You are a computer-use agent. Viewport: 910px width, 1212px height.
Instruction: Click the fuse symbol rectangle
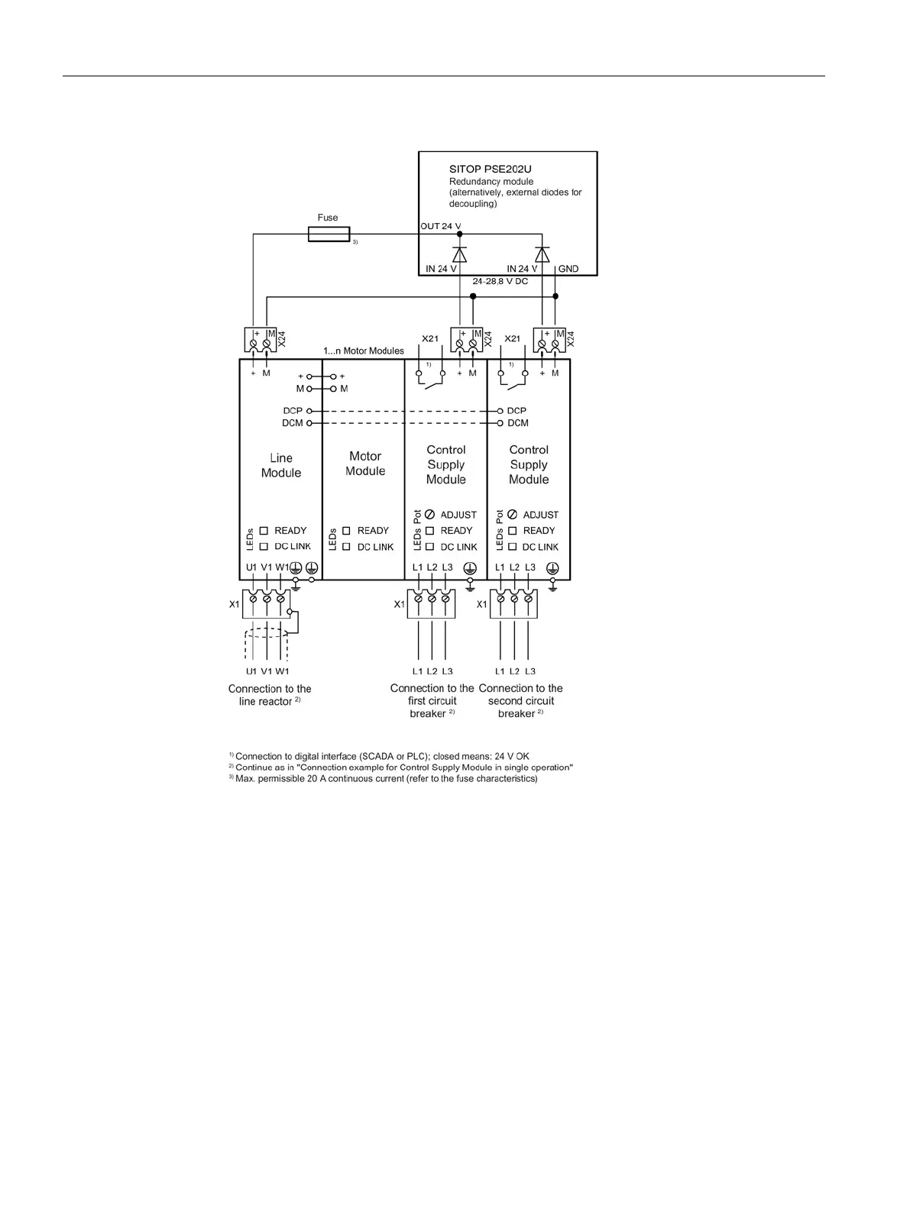click(x=329, y=234)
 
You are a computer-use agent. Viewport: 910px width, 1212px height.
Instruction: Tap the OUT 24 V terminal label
click(x=441, y=226)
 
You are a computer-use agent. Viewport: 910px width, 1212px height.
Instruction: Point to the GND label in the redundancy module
click(x=568, y=269)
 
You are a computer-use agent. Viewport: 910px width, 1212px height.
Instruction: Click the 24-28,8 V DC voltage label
click(x=500, y=282)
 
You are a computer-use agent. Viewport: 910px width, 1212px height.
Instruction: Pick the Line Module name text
click(x=281, y=465)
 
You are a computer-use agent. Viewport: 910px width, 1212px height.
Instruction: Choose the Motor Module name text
click(x=365, y=464)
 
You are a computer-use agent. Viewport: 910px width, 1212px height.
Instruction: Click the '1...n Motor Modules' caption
click(x=363, y=351)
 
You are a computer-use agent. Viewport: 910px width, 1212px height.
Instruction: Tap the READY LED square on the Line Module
click(x=264, y=530)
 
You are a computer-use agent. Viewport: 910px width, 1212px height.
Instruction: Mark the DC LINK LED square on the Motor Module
click(x=346, y=547)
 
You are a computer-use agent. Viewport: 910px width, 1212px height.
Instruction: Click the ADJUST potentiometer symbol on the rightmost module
click(x=512, y=515)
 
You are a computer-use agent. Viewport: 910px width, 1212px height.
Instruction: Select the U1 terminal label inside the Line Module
click(x=251, y=567)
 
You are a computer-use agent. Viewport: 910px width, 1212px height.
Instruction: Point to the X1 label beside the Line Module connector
click(x=234, y=604)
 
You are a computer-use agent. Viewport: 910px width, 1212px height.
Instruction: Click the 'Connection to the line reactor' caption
click(x=269, y=695)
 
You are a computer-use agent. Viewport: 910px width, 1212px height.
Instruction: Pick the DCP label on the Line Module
click(x=293, y=411)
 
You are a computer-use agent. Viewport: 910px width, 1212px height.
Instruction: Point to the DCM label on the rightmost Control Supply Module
click(x=518, y=423)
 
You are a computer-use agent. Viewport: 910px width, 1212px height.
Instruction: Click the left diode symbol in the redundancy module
click(x=459, y=254)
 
